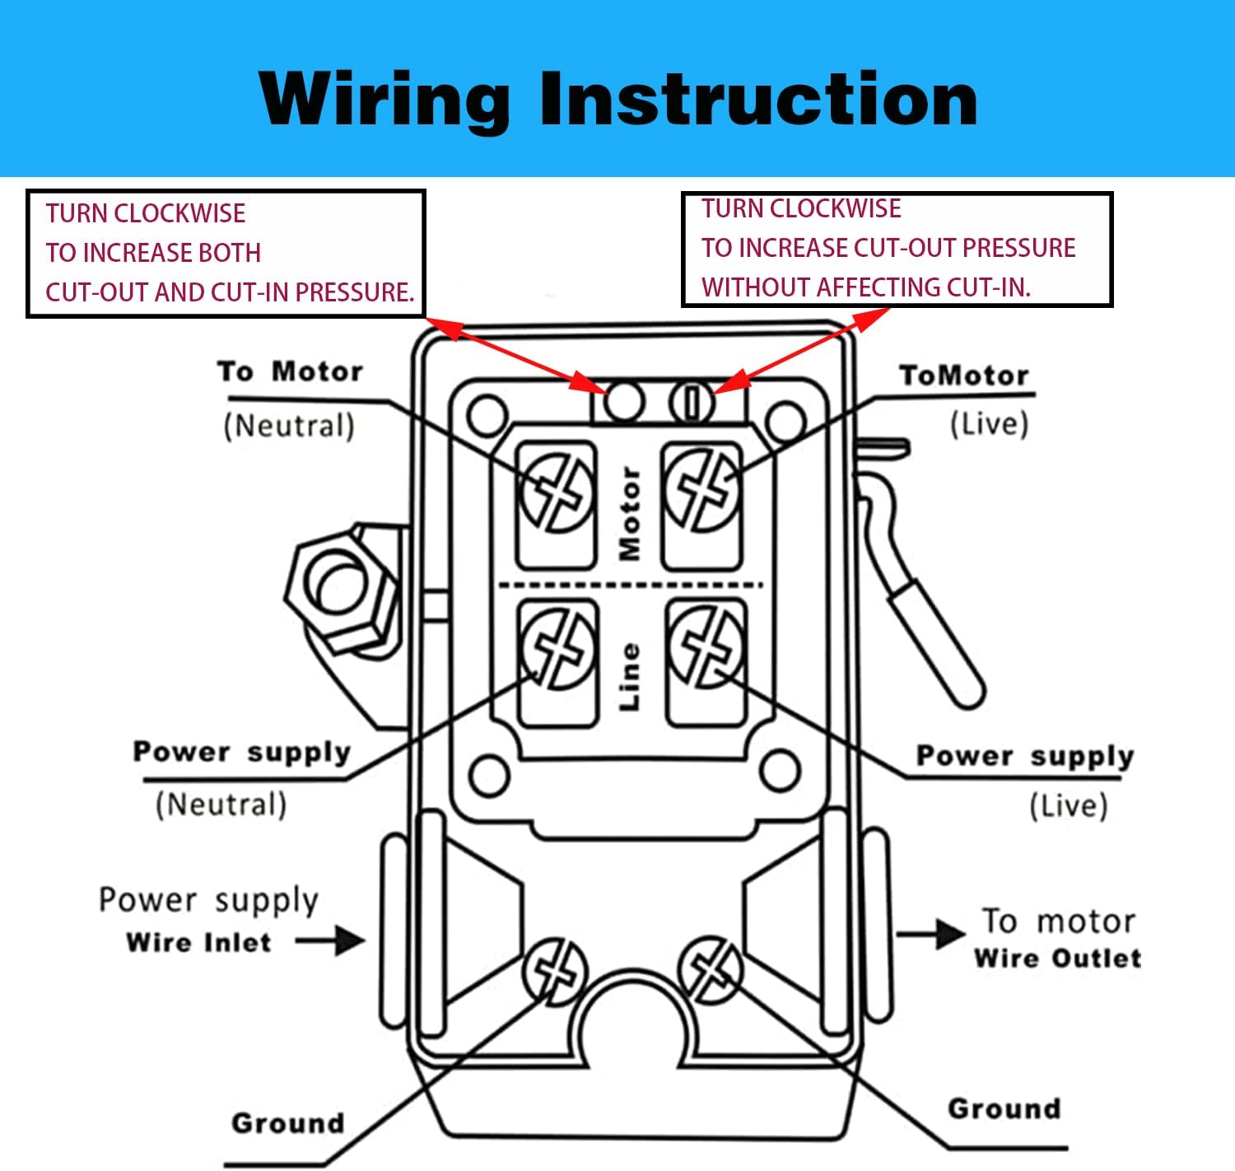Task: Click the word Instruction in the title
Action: [x=758, y=99]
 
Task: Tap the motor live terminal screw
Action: [x=702, y=491]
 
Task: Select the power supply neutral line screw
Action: [x=558, y=647]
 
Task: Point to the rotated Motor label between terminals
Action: [x=630, y=513]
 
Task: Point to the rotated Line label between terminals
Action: [x=630, y=677]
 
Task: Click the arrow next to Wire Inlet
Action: [x=331, y=940]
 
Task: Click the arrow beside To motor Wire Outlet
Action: [x=930, y=934]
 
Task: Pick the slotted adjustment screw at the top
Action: [x=692, y=402]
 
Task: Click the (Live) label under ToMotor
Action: [x=989, y=424]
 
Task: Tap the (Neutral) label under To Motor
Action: [x=289, y=426]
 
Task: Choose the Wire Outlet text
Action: [x=1057, y=959]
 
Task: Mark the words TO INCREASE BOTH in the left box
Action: [x=153, y=253]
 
